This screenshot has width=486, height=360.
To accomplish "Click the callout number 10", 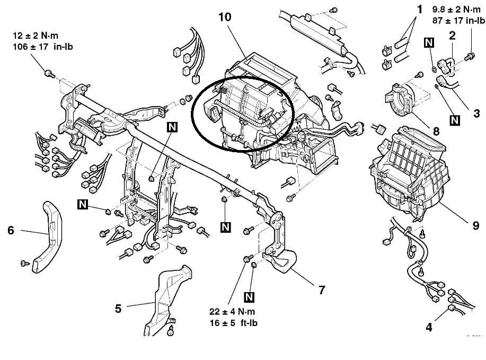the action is click(x=225, y=17).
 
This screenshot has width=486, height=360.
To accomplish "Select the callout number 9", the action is click(x=476, y=225).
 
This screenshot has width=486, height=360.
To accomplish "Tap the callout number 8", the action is click(x=436, y=131).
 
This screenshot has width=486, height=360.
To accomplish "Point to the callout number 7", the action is click(x=322, y=290).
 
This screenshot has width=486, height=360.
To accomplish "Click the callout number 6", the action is click(x=11, y=230).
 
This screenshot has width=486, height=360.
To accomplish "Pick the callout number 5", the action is click(x=118, y=309).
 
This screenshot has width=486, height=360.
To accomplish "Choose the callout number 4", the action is click(x=429, y=327).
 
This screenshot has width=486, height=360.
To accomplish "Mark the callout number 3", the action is click(x=476, y=113).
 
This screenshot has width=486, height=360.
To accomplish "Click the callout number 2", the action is click(x=453, y=36).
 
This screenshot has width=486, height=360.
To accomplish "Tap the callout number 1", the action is click(x=419, y=10).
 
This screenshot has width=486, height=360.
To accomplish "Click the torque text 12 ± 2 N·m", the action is click(x=36, y=36).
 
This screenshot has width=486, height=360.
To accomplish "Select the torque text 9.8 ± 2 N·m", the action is click(x=456, y=10).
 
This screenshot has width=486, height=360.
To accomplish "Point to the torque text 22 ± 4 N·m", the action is click(x=233, y=311).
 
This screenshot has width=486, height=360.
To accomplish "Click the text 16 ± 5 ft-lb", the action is click(x=233, y=323).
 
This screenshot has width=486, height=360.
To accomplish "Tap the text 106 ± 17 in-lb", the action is click(x=43, y=47).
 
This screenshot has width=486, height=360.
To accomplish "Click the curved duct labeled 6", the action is click(x=47, y=237).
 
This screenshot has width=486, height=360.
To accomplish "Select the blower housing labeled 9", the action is click(x=410, y=174).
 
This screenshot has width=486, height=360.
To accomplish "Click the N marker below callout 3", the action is click(x=455, y=120).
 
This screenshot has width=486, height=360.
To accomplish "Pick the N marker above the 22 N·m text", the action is click(x=249, y=297).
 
